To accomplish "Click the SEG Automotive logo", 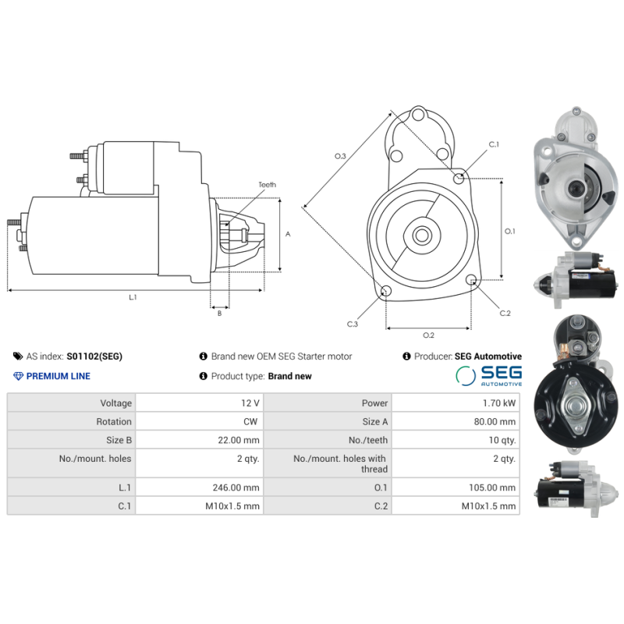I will (488, 376).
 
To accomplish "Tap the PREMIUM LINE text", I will (58, 376).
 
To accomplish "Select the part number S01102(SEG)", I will (94, 356).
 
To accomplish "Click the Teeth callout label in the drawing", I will (267, 185).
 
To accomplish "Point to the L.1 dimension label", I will (133, 297).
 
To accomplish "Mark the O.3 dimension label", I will (340, 157).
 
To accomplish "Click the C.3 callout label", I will (353, 324).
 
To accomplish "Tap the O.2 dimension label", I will (428, 335).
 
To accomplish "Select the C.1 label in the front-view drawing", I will (494, 144).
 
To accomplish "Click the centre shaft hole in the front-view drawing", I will (422, 234).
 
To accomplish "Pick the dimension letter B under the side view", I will (219, 314).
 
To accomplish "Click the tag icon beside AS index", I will (17, 356).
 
